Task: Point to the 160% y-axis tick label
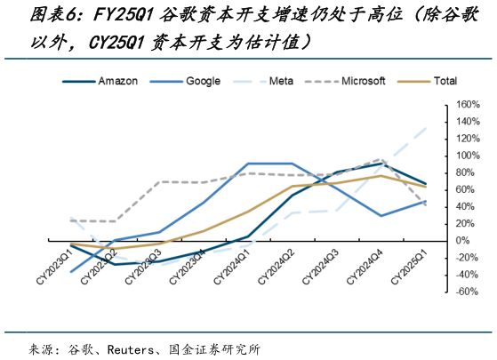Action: click(469, 104)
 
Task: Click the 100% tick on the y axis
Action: click(469, 156)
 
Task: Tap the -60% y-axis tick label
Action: click(469, 292)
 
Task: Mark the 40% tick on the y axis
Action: click(469, 206)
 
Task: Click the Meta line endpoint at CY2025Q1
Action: click(425, 128)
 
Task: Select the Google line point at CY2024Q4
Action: click(381, 216)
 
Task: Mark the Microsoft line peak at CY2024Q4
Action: click(381, 160)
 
